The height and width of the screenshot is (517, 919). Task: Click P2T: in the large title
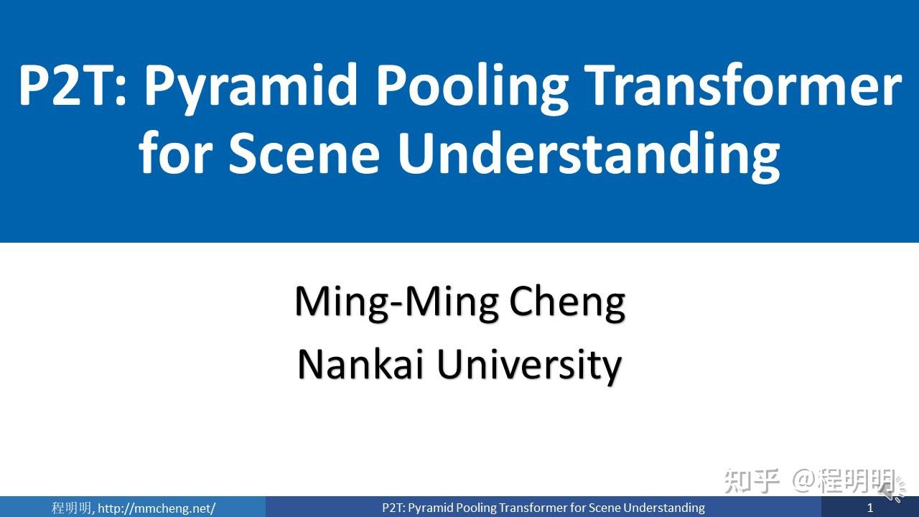(73, 85)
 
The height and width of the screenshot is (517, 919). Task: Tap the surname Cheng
(567, 302)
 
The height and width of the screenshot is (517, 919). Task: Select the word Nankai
(362, 364)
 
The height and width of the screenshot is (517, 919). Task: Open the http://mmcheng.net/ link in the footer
(157, 508)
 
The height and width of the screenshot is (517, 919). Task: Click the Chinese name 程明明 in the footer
(72, 508)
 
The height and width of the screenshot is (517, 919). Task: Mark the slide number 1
(870, 508)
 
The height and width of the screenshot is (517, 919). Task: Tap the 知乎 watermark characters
(751, 480)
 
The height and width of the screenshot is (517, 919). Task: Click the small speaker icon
(893, 491)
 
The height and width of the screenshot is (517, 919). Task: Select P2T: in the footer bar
(393, 508)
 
